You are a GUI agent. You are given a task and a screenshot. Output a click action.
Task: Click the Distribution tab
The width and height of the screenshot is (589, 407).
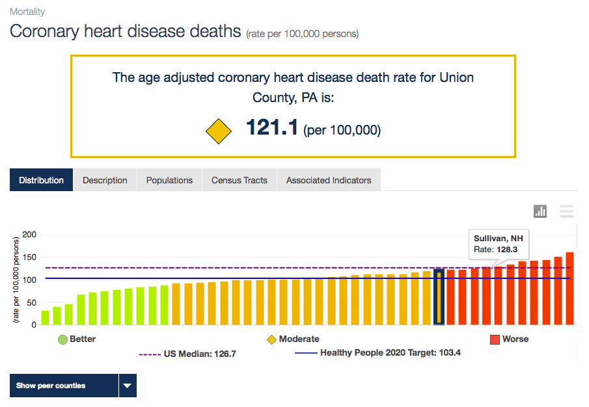click(x=41, y=180)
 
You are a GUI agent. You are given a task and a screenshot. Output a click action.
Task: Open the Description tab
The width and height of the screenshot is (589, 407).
click(x=105, y=180)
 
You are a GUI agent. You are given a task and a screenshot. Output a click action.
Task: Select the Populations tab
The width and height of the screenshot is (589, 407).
click(x=169, y=180)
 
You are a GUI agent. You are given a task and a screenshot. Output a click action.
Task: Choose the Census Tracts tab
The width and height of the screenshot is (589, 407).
click(x=240, y=180)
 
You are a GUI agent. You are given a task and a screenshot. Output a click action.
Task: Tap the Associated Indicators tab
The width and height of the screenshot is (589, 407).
click(x=329, y=180)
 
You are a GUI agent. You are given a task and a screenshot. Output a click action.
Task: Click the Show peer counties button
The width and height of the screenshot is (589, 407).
click(x=64, y=386)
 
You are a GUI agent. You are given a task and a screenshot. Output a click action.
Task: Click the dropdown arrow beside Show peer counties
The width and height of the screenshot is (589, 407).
click(x=128, y=386)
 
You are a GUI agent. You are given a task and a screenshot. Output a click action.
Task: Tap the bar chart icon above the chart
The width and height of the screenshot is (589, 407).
click(x=540, y=211)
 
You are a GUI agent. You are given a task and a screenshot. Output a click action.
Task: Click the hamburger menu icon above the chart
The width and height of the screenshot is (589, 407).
click(x=567, y=211)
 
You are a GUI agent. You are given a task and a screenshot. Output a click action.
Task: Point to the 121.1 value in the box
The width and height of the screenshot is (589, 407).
click(x=272, y=128)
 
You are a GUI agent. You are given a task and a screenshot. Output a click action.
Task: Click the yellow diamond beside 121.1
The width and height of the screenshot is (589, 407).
click(x=219, y=131)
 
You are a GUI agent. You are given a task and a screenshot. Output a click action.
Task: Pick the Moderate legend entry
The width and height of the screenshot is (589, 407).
click(x=293, y=339)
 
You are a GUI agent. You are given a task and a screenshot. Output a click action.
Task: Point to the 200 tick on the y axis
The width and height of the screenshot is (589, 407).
click(x=29, y=235)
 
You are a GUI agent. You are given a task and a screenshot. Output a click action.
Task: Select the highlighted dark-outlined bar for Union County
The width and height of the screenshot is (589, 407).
click(x=439, y=296)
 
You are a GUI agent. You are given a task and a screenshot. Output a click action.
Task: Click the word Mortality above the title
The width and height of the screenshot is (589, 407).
click(x=27, y=12)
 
